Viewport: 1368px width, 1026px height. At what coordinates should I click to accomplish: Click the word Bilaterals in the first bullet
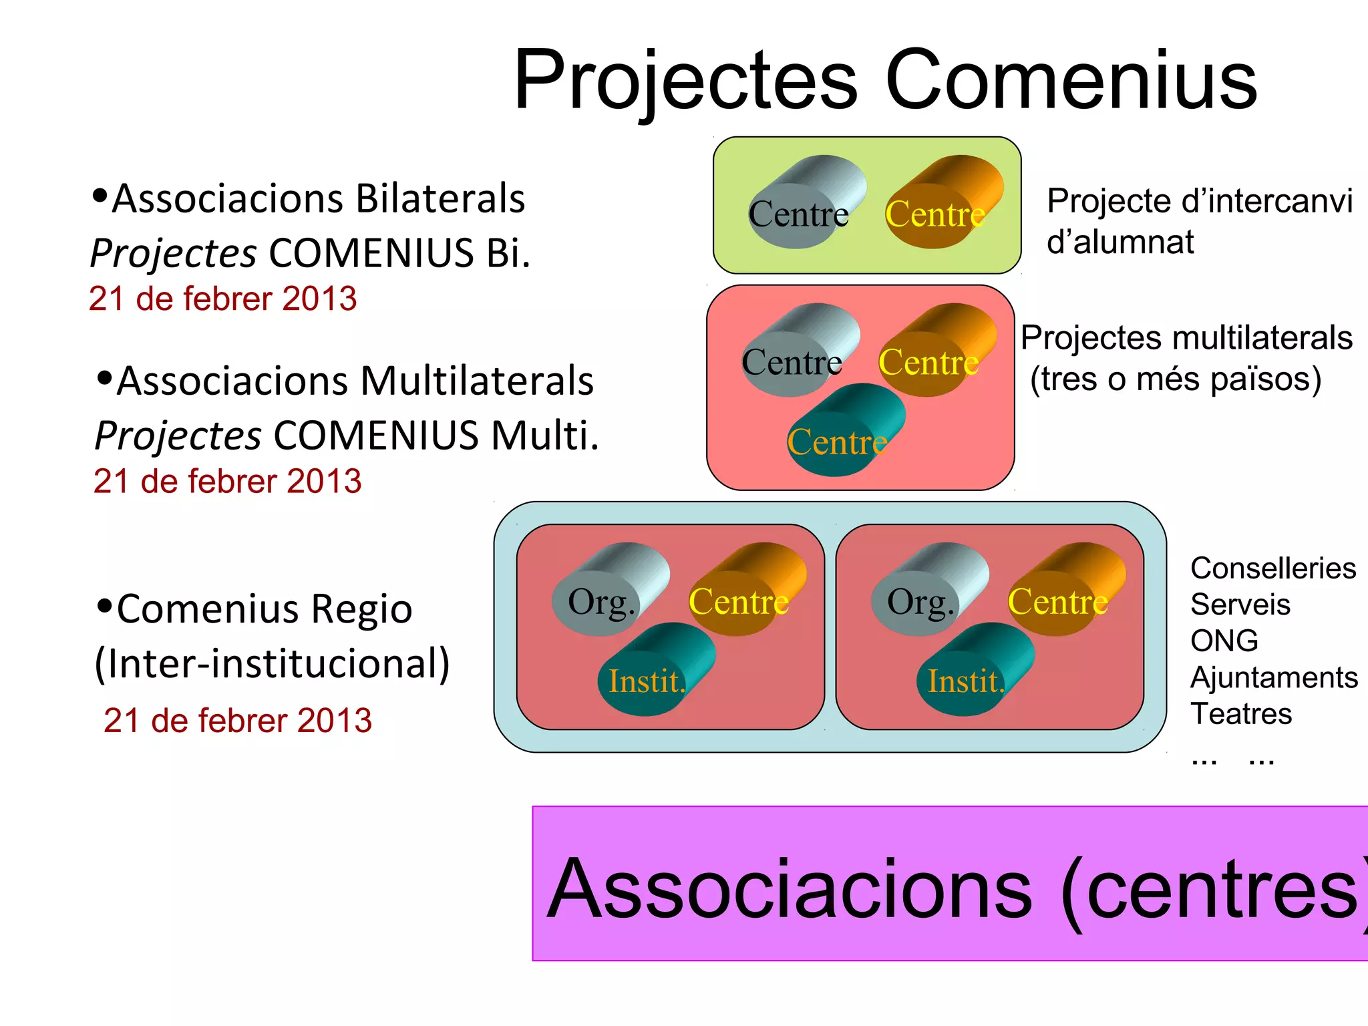(440, 198)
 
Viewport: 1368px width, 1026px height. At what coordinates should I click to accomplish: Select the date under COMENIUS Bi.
(222, 299)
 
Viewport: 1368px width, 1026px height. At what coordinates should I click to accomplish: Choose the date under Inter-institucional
(237, 721)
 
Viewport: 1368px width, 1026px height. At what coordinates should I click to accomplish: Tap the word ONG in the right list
(1224, 641)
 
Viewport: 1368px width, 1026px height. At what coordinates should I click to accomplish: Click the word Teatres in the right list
(1240, 714)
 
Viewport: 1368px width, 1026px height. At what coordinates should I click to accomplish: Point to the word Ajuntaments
(1273, 677)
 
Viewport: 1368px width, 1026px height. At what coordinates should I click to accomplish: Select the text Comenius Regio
(264, 609)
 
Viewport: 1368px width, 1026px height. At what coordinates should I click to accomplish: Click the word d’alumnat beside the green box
(1120, 242)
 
